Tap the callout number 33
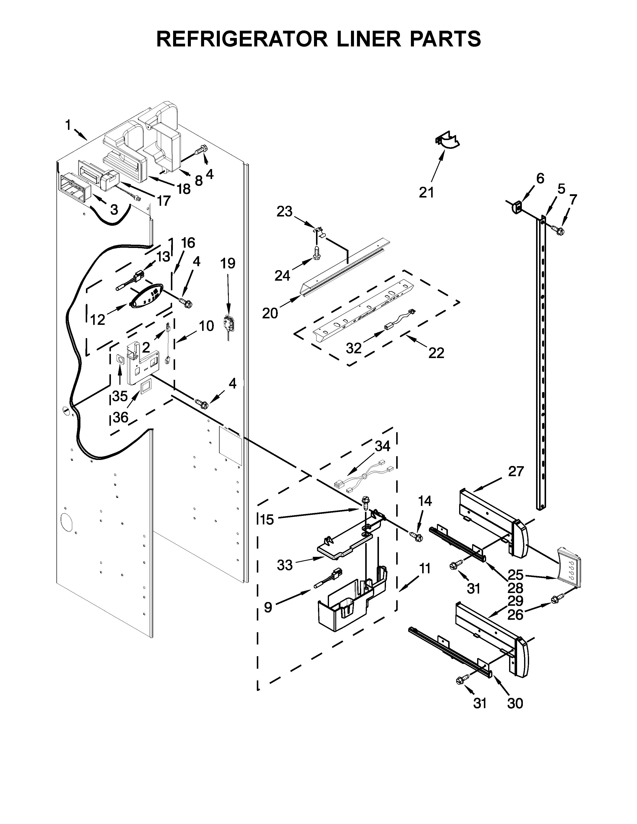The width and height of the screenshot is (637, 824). click(285, 565)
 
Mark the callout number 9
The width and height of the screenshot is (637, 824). click(268, 608)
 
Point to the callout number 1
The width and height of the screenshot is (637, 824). click(68, 125)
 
